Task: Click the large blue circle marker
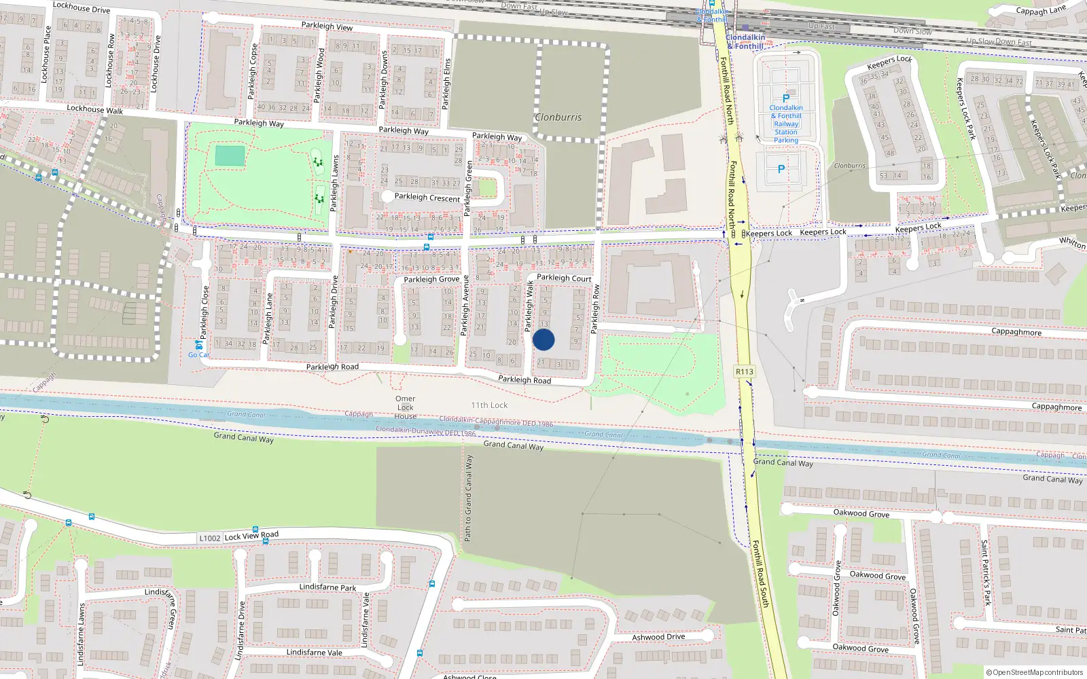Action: (x=543, y=339)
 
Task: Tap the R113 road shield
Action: (x=745, y=371)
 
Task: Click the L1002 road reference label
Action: (x=210, y=538)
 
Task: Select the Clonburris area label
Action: (x=558, y=117)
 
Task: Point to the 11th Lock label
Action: (x=489, y=405)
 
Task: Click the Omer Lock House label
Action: (x=406, y=407)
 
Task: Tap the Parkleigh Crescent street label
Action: (x=427, y=198)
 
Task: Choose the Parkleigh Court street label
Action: (x=564, y=278)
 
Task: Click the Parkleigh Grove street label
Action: (x=431, y=279)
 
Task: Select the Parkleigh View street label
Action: (x=327, y=26)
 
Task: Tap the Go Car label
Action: (x=199, y=354)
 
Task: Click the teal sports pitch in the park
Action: (x=230, y=155)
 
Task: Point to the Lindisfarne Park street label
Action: (x=327, y=587)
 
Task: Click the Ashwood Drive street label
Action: (x=658, y=637)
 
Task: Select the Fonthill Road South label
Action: (x=760, y=574)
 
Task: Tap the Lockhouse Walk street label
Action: (x=95, y=109)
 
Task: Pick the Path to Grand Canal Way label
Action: (x=468, y=498)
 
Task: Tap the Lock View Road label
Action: (x=251, y=536)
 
